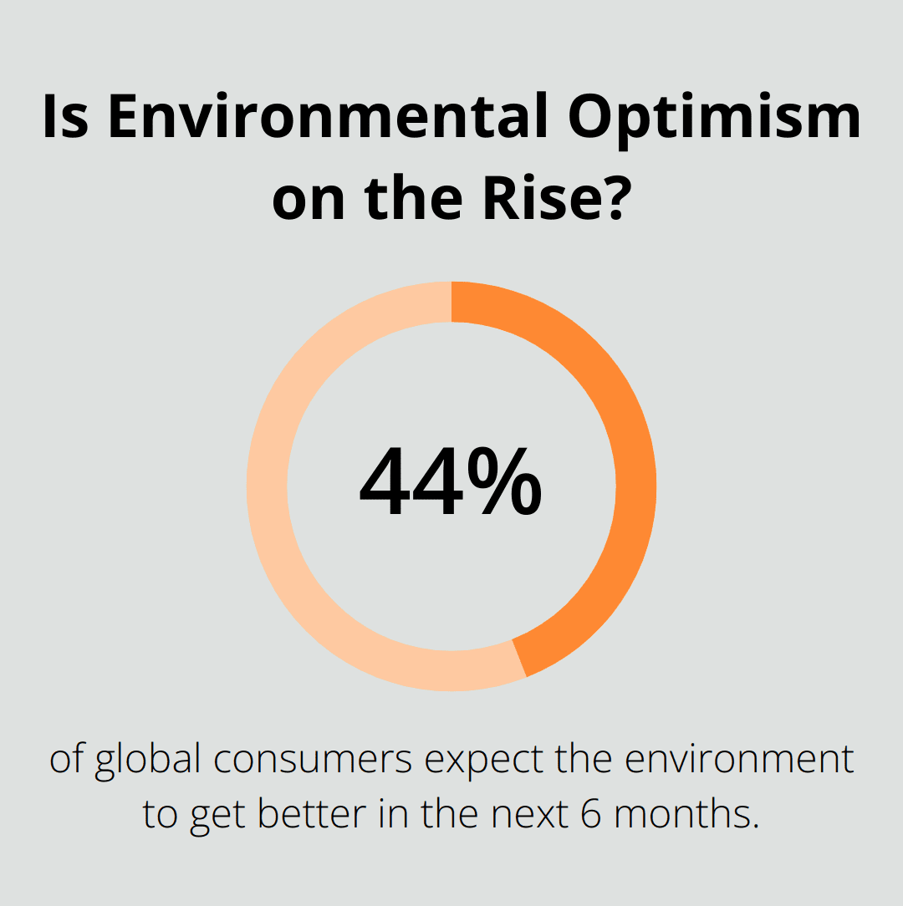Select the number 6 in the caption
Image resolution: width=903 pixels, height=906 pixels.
click(x=589, y=814)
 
